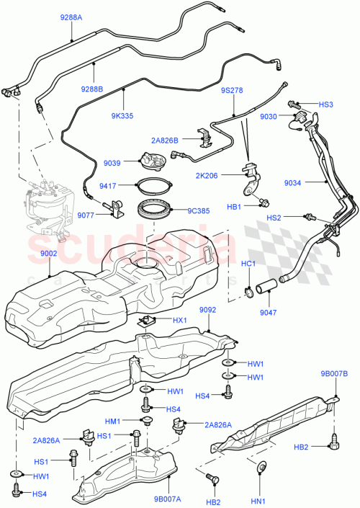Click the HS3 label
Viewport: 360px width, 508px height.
326,104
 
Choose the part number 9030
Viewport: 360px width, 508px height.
269,117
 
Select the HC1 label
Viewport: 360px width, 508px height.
248,263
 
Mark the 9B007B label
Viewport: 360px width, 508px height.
334,373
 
